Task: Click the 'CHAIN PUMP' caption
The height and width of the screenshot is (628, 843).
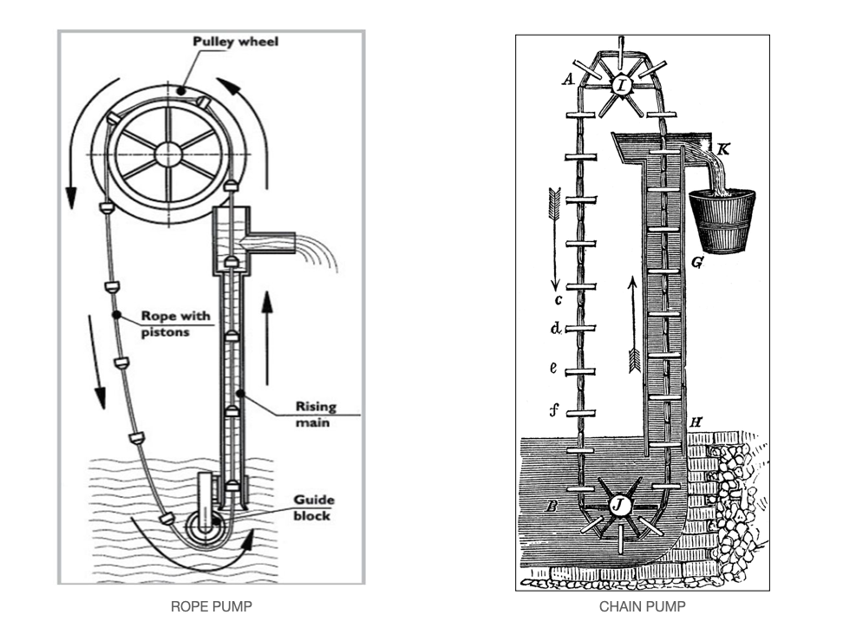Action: tap(642, 605)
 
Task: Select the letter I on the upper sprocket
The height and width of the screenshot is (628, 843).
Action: tap(622, 85)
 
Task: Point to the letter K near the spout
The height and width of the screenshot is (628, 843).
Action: tap(723, 150)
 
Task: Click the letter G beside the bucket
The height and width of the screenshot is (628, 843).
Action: tap(697, 261)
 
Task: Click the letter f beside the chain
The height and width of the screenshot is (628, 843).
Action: tap(553, 411)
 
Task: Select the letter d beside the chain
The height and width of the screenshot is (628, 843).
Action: tap(554, 330)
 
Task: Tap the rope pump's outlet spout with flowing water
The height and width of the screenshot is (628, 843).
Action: tap(278, 243)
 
